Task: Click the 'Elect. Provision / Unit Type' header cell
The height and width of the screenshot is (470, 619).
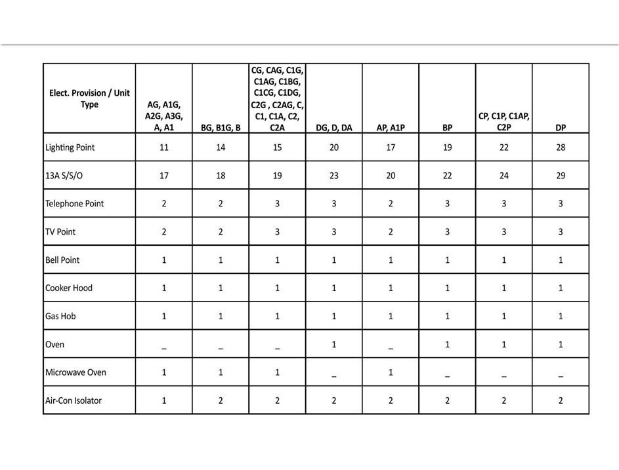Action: pyautogui.click(x=89, y=98)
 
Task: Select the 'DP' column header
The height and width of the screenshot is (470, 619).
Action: pyautogui.click(x=561, y=128)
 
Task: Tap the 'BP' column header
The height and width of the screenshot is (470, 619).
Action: pyautogui.click(x=447, y=128)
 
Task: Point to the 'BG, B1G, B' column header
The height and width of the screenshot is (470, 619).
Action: pyautogui.click(x=221, y=128)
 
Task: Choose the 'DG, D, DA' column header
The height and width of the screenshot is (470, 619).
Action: pyautogui.click(x=333, y=128)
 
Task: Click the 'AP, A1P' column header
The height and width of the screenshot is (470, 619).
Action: pyautogui.click(x=391, y=128)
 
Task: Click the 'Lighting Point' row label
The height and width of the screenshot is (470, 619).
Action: pyautogui.click(x=70, y=147)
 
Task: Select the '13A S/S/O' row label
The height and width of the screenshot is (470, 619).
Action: pyautogui.click(x=63, y=176)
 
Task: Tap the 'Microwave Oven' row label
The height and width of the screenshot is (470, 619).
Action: pyautogui.click(x=75, y=372)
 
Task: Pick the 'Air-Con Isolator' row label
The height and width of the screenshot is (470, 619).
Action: pyautogui.click(x=74, y=401)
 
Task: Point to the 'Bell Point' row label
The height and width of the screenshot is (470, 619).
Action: pyautogui.click(x=62, y=260)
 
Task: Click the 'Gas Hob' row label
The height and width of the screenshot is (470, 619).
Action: pyautogui.click(x=60, y=316)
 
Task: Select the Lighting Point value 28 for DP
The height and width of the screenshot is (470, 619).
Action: pyautogui.click(x=561, y=147)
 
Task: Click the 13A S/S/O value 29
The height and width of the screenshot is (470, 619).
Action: pyautogui.click(x=561, y=176)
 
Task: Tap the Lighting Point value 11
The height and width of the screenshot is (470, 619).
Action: pyautogui.click(x=164, y=147)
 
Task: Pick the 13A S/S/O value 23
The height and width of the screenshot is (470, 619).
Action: pyautogui.click(x=333, y=176)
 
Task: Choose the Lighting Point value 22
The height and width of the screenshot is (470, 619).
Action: pyautogui.click(x=504, y=147)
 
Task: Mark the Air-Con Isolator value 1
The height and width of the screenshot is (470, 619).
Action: pyautogui.click(x=164, y=401)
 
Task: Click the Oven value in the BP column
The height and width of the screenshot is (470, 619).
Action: pyautogui.click(x=447, y=344)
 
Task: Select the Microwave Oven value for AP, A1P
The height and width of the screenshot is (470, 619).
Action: pyautogui.click(x=391, y=372)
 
